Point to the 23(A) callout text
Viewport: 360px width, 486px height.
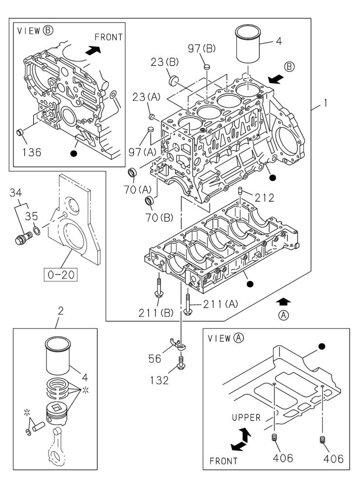(146, 97)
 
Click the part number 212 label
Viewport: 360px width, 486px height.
(264, 198)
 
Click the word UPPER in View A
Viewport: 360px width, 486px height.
(246, 417)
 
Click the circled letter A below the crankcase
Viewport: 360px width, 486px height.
(284, 315)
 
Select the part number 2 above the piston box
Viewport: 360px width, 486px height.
(61, 310)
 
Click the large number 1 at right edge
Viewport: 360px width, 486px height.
(324, 104)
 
